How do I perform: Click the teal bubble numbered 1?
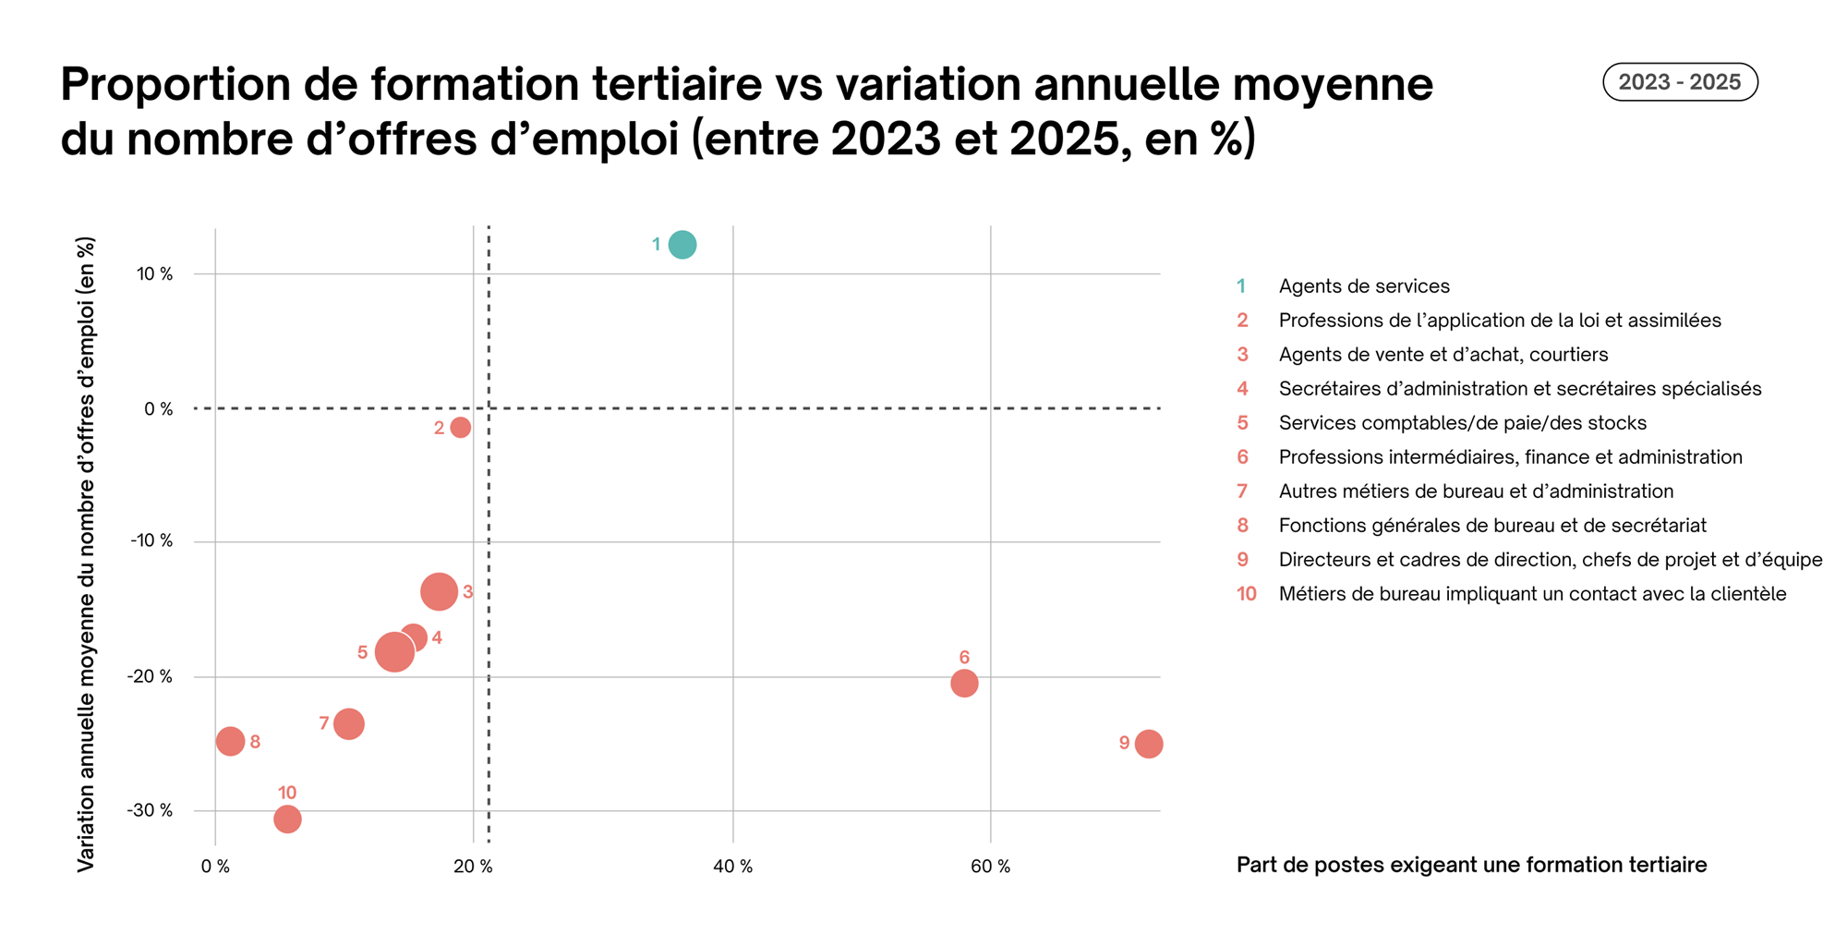click(x=682, y=245)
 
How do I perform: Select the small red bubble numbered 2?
click(x=460, y=428)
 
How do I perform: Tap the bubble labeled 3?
click(x=439, y=591)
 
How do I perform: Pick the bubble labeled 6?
click(x=964, y=684)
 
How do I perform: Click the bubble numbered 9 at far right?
click(x=1148, y=744)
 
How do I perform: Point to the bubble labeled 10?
click(x=287, y=819)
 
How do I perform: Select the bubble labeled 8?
click(x=230, y=741)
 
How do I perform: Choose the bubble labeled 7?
click(x=348, y=723)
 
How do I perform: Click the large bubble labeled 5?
click(x=393, y=652)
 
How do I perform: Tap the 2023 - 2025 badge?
click(x=1679, y=82)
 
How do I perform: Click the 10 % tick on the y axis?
click(x=154, y=274)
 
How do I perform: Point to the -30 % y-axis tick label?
click(x=151, y=811)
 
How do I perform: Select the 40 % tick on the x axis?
click(x=733, y=867)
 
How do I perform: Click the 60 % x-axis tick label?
click(x=990, y=867)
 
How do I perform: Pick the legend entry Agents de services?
click(x=1363, y=286)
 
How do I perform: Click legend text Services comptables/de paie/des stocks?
click(x=1462, y=423)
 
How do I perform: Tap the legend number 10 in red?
click(x=1246, y=594)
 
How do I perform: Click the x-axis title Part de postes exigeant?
click(x=1470, y=865)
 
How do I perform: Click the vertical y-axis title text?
click(x=86, y=554)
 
